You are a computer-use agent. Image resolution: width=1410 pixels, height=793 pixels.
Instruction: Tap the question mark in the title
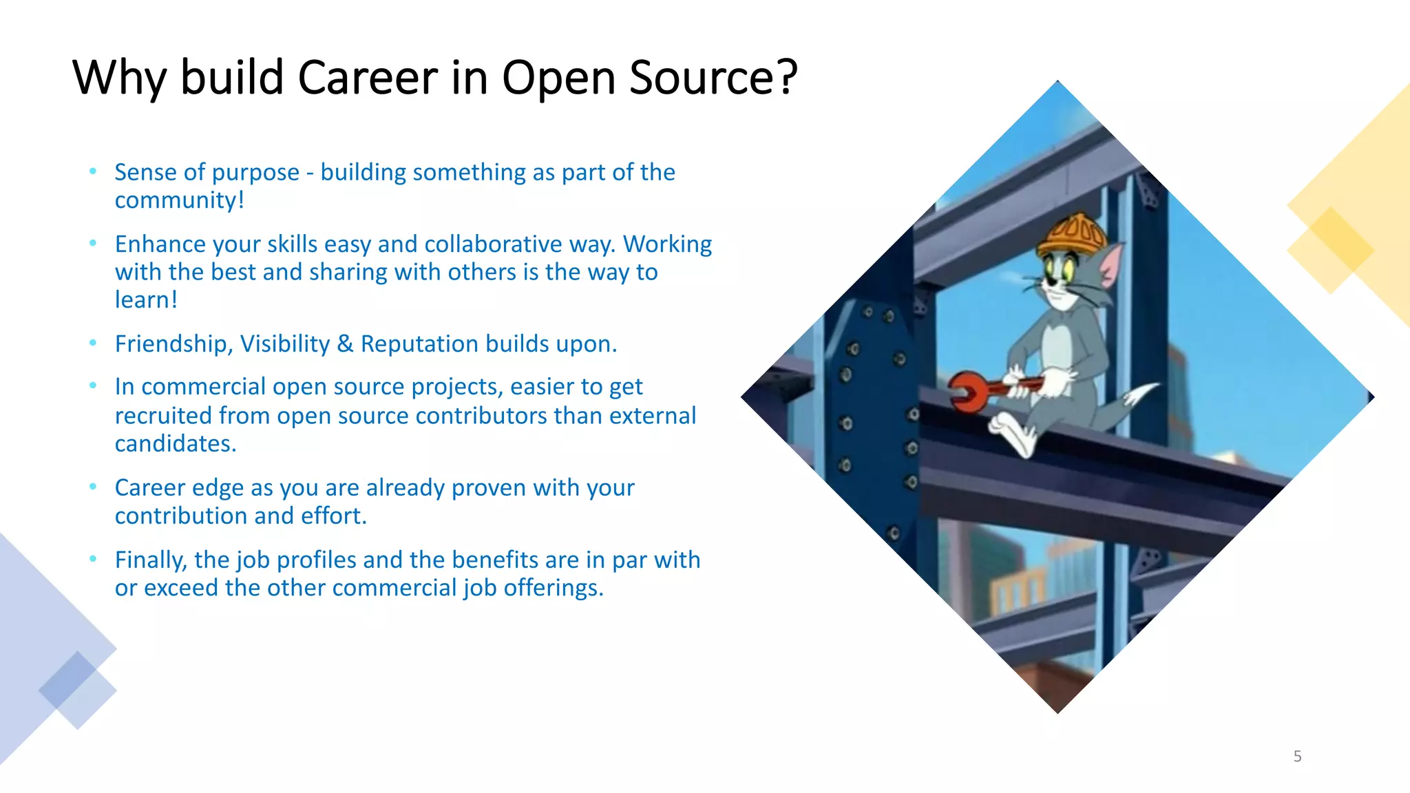[786, 77]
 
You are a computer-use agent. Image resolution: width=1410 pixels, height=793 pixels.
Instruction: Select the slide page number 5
[1297, 757]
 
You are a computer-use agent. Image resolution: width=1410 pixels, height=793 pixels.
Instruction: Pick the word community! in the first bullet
[179, 200]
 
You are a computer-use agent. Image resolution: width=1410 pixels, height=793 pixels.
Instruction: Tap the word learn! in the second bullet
[146, 300]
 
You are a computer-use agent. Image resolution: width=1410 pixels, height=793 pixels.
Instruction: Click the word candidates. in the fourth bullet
[175, 444]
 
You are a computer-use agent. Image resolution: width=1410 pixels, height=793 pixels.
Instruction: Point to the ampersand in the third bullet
[345, 343]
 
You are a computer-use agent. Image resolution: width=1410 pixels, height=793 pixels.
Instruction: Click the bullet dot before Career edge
[93, 487]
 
